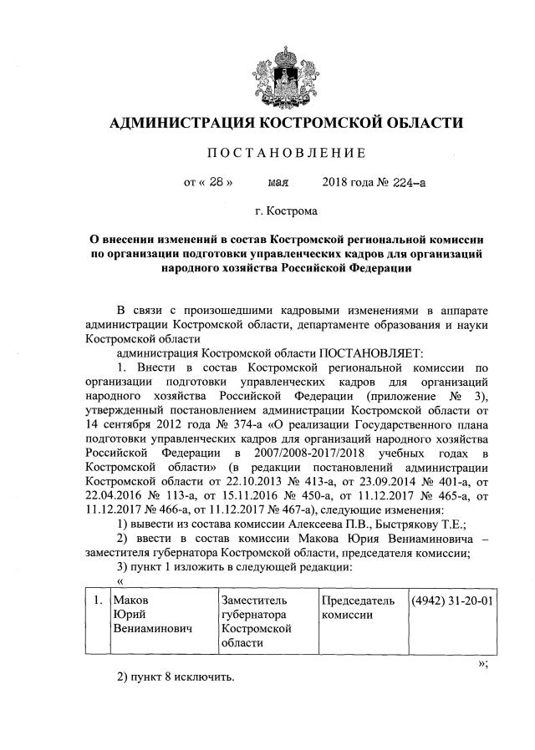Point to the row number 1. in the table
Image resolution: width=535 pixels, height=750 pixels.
(x=98, y=600)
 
